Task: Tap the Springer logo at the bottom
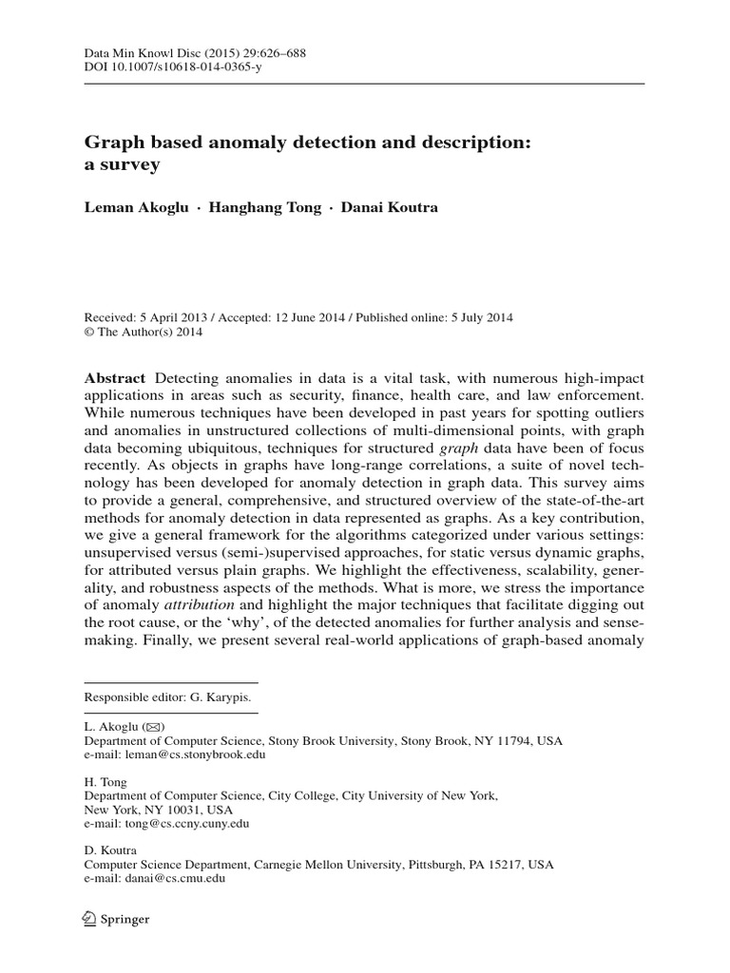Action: [x=117, y=919]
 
